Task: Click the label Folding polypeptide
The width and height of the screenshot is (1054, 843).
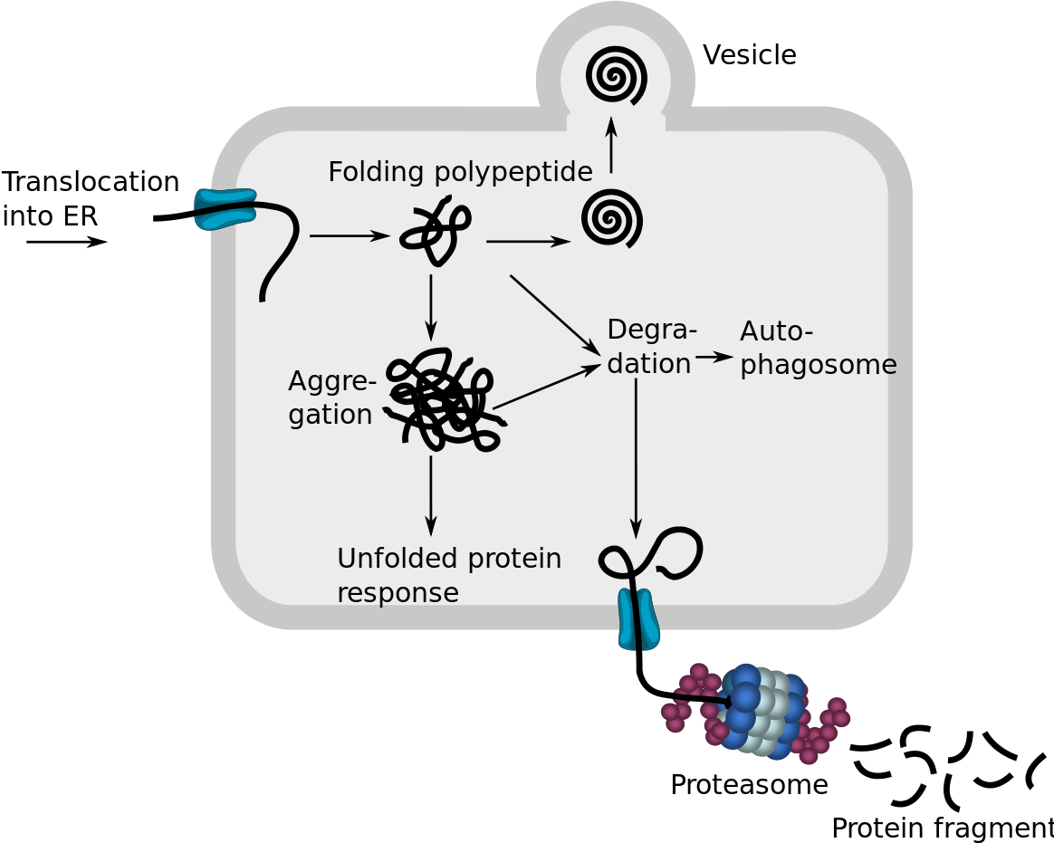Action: (x=460, y=171)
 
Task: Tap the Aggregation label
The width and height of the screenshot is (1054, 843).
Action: (x=331, y=398)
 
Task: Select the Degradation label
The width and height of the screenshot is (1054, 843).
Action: (x=651, y=346)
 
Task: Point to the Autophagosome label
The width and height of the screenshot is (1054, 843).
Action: (x=818, y=348)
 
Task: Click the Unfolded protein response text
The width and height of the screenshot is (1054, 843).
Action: (x=448, y=575)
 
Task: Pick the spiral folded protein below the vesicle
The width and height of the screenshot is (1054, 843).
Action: (x=612, y=218)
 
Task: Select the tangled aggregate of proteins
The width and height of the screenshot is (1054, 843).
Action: (x=444, y=401)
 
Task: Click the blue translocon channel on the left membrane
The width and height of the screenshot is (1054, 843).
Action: (x=225, y=209)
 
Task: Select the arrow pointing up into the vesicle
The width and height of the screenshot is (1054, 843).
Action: (x=611, y=144)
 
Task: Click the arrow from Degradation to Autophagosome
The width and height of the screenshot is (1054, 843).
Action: (x=714, y=357)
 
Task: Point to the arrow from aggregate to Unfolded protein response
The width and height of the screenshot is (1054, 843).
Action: (x=431, y=495)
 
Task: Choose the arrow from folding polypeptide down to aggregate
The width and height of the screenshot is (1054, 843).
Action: (x=431, y=307)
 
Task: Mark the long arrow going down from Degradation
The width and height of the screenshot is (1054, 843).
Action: (x=636, y=457)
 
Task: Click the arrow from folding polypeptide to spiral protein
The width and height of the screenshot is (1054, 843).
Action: (x=529, y=242)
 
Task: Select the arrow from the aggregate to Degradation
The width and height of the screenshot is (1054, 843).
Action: (x=547, y=388)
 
